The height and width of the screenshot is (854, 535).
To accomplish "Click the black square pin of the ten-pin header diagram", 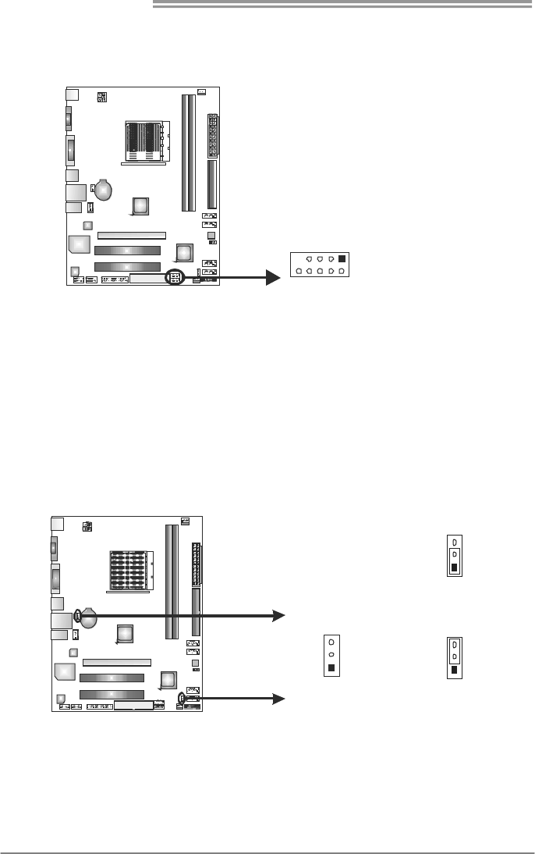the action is [x=342, y=258].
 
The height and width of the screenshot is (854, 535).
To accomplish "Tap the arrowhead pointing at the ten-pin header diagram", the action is [x=272, y=277].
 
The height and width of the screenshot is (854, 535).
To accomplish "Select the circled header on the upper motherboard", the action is [x=175, y=277].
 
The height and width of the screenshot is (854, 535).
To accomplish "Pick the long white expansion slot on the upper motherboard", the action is [x=131, y=234].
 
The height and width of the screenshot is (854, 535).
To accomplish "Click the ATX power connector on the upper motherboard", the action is [x=212, y=134].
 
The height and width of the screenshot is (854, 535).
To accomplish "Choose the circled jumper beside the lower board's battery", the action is [x=78, y=615].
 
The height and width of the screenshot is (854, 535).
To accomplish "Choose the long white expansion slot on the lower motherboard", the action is [x=117, y=661].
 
